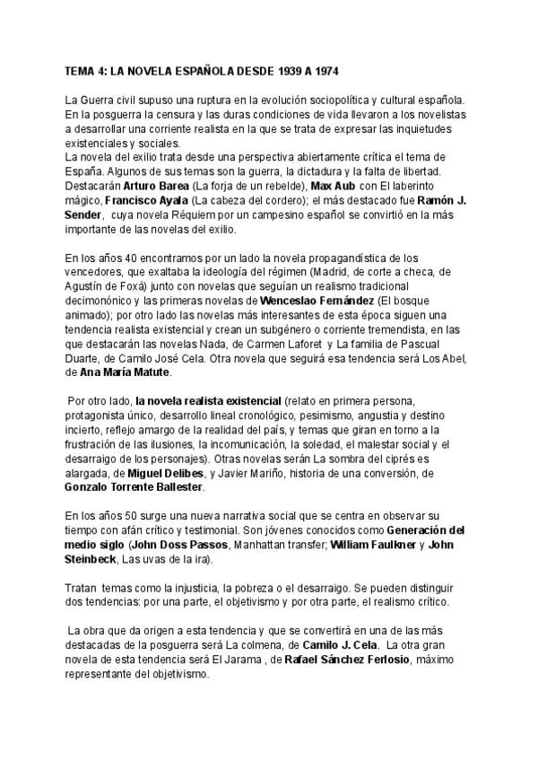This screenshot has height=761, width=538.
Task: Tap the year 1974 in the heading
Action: click(x=325, y=69)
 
